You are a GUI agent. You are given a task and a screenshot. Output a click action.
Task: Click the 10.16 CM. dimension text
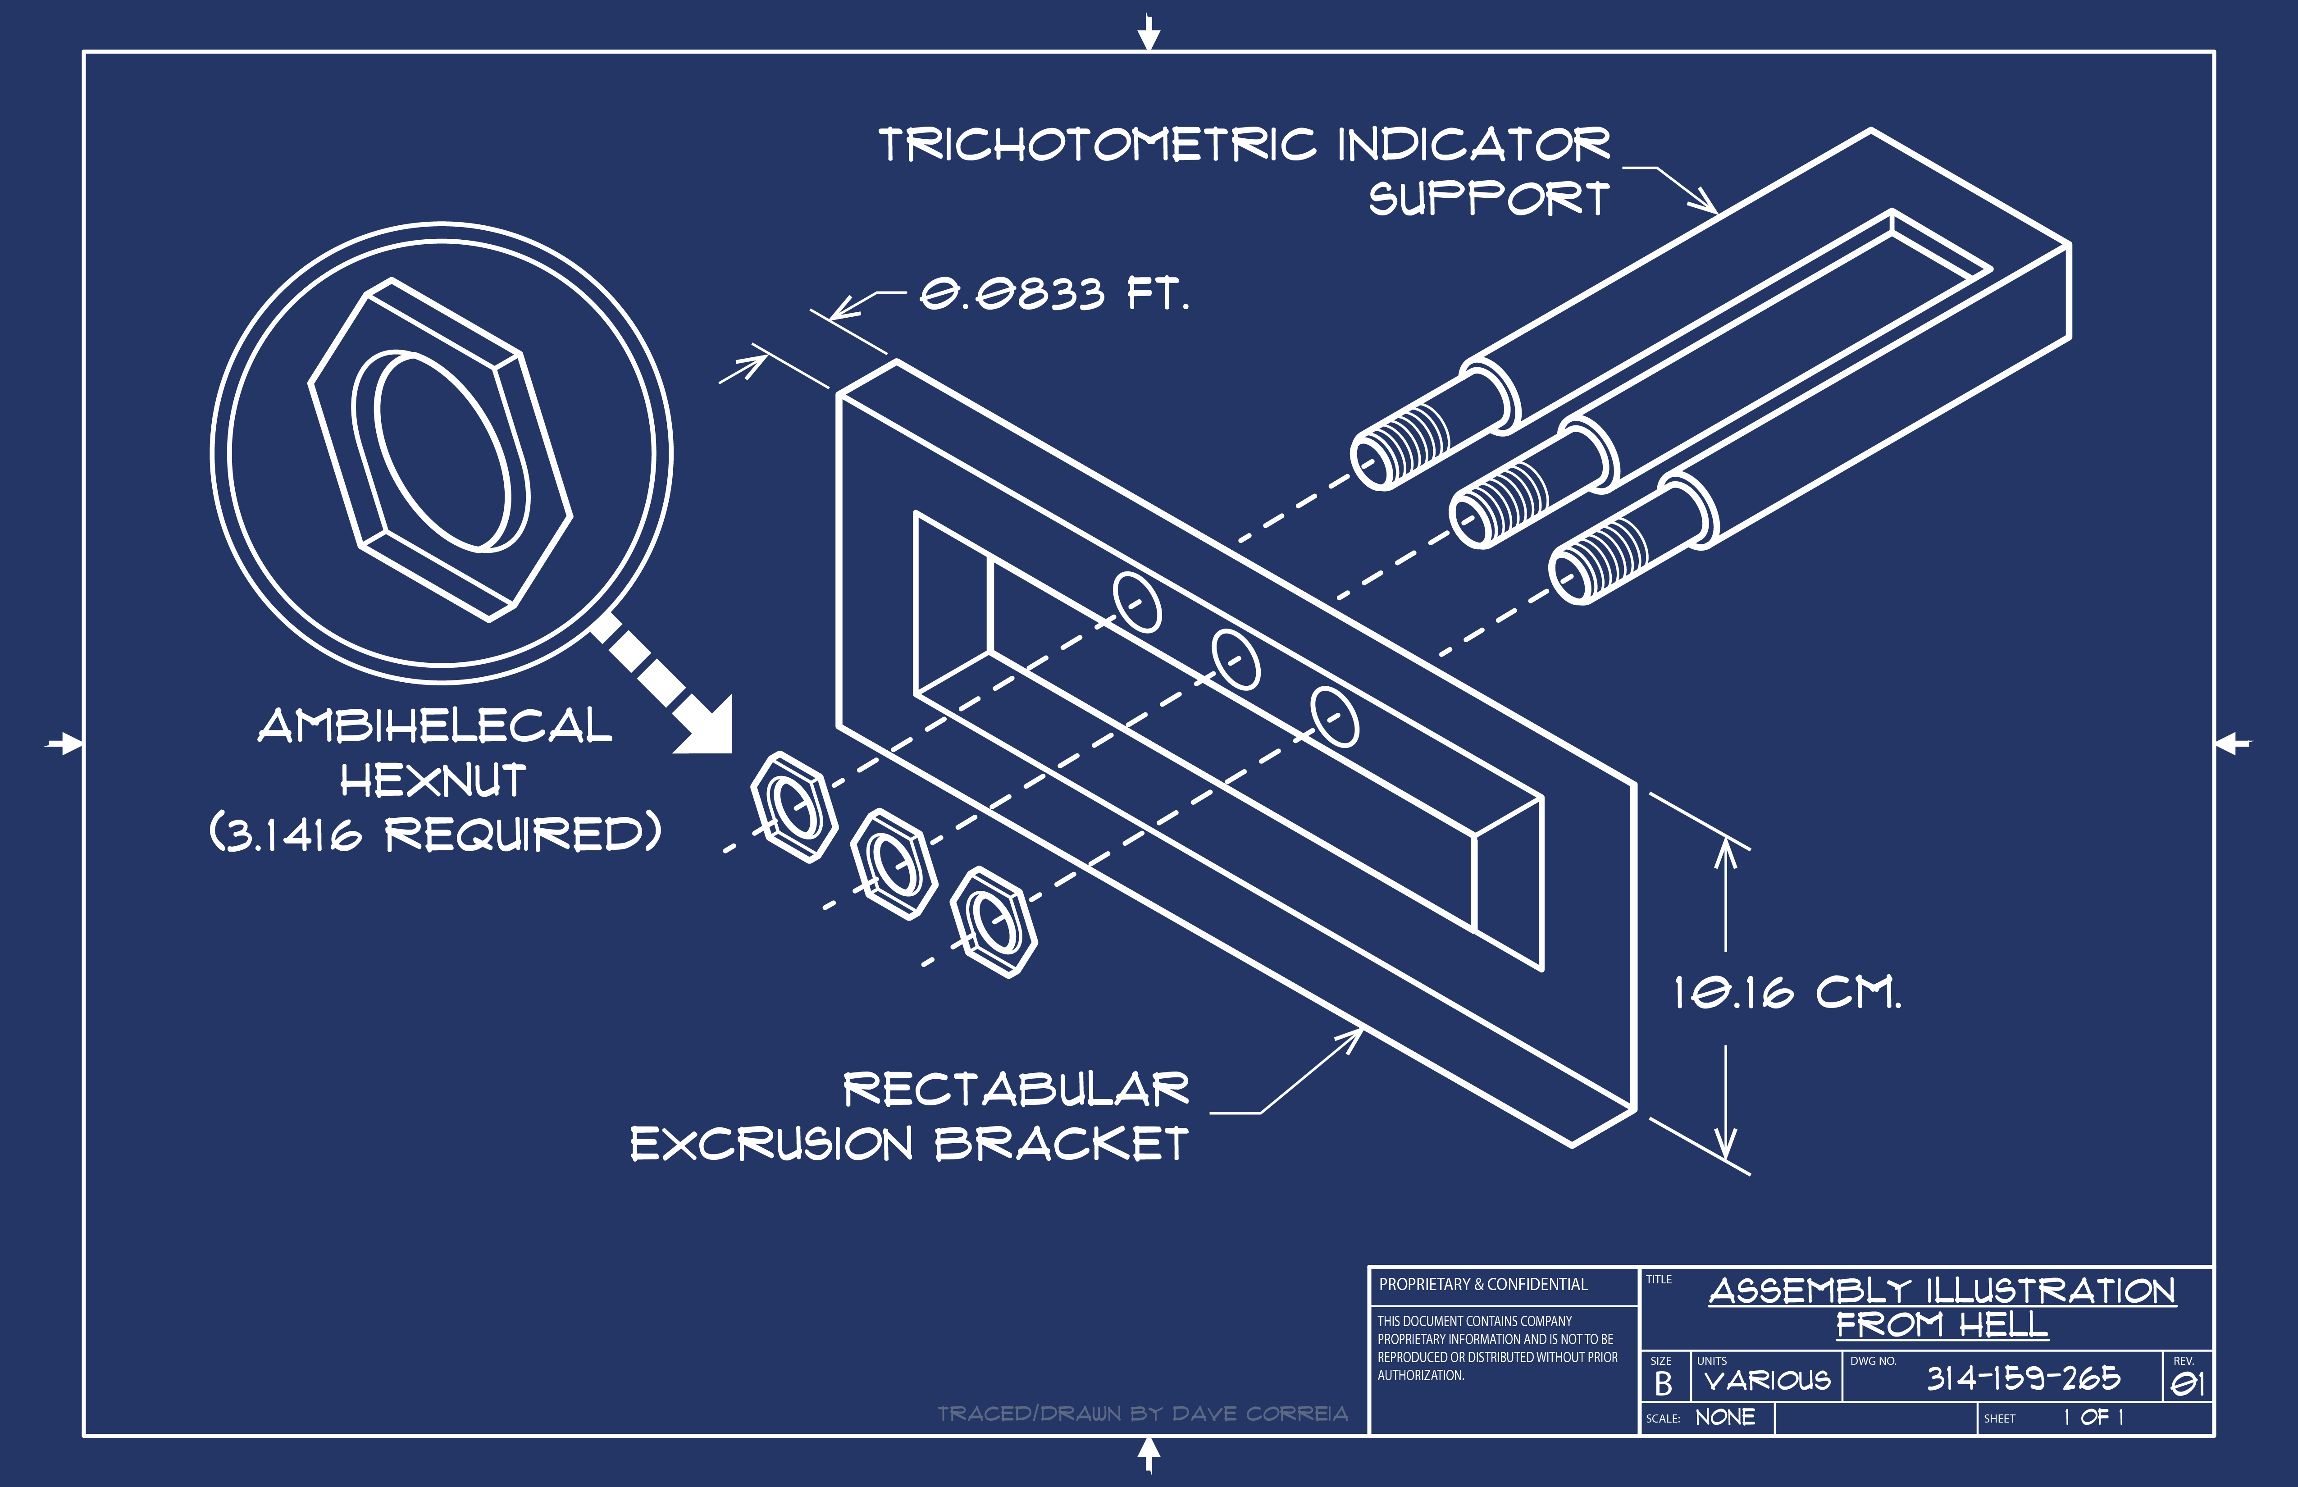pyautogui.click(x=1786, y=993)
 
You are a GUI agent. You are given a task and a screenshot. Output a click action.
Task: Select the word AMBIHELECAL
pyautogui.click(x=434, y=726)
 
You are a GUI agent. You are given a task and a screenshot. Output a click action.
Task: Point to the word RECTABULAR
pyautogui.click(x=1016, y=1089)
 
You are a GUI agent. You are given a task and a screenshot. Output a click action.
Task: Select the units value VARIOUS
pyautogui.click(x=1767, y=1381)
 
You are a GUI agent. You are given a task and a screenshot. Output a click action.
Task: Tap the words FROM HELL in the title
pyautogui.click(x=1942, y=1325)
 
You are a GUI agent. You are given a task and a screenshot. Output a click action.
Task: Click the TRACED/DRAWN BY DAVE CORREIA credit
pyautogui.click(x=1142, y=1414)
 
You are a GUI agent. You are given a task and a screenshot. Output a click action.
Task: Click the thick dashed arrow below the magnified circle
pyautogui.click(x=666, y=685)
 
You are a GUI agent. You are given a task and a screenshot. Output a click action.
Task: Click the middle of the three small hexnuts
pyautogui.click(x=893, y=864)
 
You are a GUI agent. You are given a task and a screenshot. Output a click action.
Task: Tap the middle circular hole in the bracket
pyautogui.click(x=1236, y=658)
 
